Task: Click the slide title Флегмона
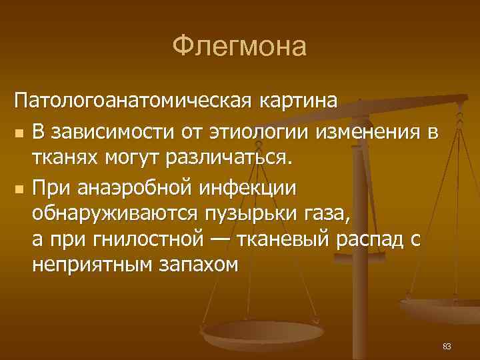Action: tap(239, 47)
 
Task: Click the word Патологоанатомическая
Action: tap(131, 103)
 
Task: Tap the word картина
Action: tap(295, 103)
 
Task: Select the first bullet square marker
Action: tap(20, 133)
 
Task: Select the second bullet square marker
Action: tap(20, 190)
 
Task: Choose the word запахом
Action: tap(196, 265)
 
